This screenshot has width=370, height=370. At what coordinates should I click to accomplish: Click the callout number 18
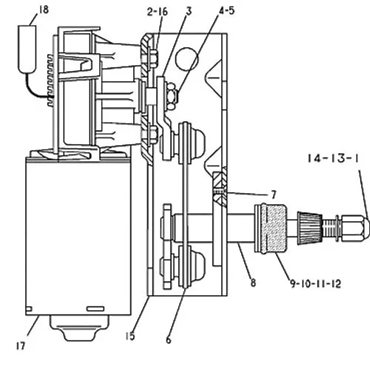pyautogui.click(x=44, y=10)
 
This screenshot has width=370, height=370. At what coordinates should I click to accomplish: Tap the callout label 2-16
pyautogui.click(x=157, y=12)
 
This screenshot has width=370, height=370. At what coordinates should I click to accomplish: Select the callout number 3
pyautogui.click(x=189, y=11)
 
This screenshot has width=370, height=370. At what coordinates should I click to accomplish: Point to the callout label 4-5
pyautogui.click(x=227, y=10)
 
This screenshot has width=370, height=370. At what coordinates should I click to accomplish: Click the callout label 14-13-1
pyautogui.click(x=333, y=158)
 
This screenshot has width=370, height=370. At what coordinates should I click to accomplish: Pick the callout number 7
pyautogui.click(x=273, y=195)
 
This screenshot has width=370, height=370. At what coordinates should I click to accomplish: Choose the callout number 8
pyautogui.click(x=253, y=283)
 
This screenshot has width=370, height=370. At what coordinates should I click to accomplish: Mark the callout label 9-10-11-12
pyautogui.click(x=315, y=283)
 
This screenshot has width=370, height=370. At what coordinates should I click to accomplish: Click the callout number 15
pyautogui.click(x=130, y=336)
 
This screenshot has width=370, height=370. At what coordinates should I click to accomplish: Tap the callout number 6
pyautogui.click(x=169, y=340)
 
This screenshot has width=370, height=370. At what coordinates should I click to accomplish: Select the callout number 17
pyautogui.click(x=21, y=346)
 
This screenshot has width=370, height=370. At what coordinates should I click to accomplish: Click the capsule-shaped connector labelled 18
pyautogui.click(x=27, y=49)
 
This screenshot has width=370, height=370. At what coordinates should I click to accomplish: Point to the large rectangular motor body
pyautogui.click(x=78, y=236)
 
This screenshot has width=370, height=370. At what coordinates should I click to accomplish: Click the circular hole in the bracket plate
pyautogui.click(x=186, y=58)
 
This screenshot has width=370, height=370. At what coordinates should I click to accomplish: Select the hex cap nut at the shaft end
pyautogui.click(x=356, y=228)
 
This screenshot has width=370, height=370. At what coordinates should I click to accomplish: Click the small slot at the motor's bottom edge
pyautogui.click(x=95, y=309)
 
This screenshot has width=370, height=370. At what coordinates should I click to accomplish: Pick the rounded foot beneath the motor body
pyautogui.click(x=79, y=328)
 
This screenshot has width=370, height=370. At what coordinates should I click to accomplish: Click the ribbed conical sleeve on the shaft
pyautogui.click(x=310, y=228)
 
